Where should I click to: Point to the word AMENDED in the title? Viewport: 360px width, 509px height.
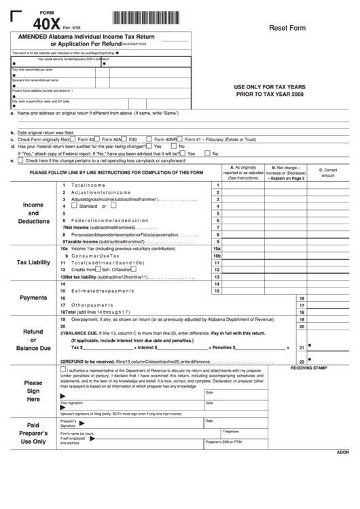click(x=37, y=37)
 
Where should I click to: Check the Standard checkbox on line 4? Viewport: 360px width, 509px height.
click(x=75, y=207)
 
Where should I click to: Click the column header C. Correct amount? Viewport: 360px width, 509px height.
click(x=328, y=173)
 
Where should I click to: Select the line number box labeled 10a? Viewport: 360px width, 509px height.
click(x=217, y=249)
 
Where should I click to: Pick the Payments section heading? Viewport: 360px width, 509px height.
click(x=33, y=298)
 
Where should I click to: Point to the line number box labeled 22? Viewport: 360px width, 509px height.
click(x=300, y=362)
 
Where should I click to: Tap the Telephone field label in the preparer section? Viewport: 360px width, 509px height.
click(x=231, y=431)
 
